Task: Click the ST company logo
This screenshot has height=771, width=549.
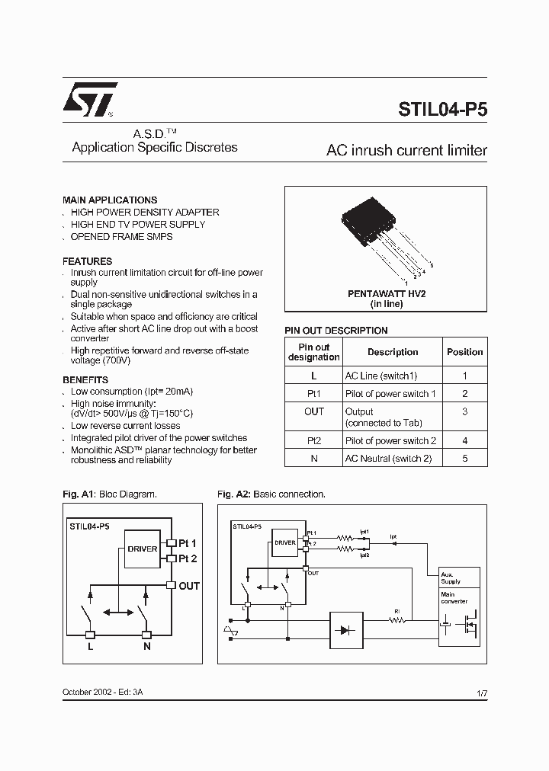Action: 90,100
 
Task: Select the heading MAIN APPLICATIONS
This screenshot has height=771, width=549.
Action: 110,200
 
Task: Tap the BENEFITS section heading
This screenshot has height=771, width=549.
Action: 85,379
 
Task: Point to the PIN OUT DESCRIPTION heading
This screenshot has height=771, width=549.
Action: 335,331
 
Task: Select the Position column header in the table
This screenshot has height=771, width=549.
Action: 464,352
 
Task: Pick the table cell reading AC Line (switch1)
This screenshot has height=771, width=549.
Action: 381,376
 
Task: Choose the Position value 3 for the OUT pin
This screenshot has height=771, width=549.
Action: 464,411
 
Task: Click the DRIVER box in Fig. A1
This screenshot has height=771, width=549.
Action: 143,549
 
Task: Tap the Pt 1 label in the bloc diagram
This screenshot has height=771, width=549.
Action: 187,543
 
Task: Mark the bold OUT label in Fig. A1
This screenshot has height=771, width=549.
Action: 188,586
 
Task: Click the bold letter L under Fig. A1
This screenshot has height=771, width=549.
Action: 90,646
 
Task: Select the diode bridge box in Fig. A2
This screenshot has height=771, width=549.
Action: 347,630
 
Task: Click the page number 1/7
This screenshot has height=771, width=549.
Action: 481,693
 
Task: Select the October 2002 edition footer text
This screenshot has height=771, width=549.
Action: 102,692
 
